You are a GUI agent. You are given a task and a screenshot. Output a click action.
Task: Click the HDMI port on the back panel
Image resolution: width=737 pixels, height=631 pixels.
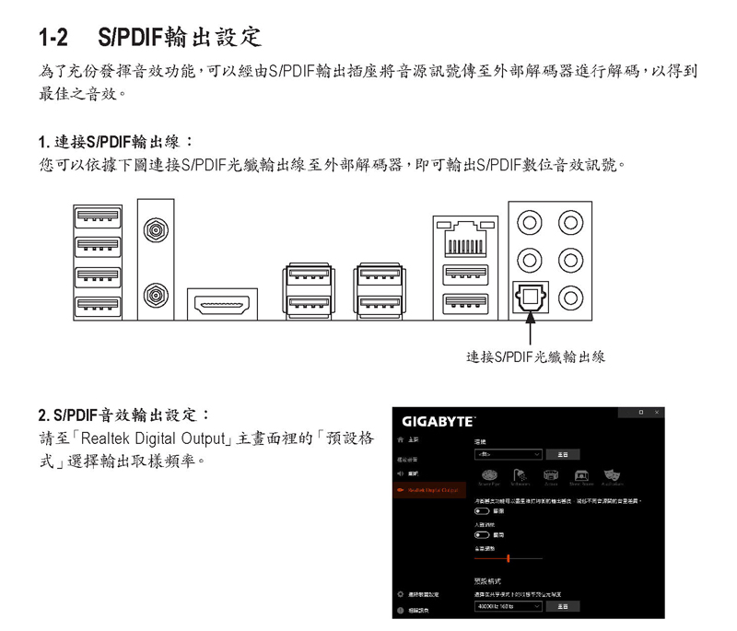(x=222, y=304)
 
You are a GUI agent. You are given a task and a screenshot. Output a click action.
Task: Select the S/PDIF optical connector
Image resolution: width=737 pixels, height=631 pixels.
(x=530, y=297)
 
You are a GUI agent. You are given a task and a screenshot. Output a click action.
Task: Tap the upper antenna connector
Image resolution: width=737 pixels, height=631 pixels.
(x=155, y=228)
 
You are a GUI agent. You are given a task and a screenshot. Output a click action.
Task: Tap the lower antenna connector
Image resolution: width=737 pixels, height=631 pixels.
(x=155, y=295)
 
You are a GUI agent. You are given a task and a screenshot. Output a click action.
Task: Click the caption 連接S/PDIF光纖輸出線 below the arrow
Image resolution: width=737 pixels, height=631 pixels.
(x=535, y=356)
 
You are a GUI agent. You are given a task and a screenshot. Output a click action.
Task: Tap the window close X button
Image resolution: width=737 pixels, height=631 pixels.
(x=656, y=412)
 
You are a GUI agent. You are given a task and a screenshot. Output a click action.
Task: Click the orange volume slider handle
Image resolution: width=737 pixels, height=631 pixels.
(x=508, y=558)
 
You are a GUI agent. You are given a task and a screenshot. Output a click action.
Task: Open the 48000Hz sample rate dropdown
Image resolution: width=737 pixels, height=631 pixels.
(x=508, y=606)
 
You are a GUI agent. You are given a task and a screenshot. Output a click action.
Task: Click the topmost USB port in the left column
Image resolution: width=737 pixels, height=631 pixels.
(x=96, y=217)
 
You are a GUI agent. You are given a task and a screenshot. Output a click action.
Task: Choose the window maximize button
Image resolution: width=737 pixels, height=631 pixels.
(x=640, y=412)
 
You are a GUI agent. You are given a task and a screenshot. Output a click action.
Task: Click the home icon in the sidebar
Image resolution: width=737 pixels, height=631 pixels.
(x=400, y=441)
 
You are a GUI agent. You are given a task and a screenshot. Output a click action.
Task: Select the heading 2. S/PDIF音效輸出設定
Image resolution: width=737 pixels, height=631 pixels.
(x=124, y=414)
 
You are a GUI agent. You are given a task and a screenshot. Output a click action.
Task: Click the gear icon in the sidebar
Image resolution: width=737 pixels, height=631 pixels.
(x=400, y=594)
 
